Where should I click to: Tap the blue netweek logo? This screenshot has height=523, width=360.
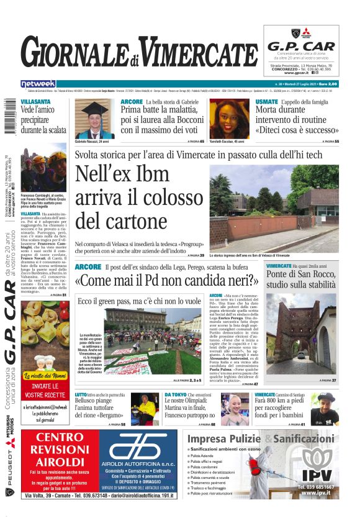38,84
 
